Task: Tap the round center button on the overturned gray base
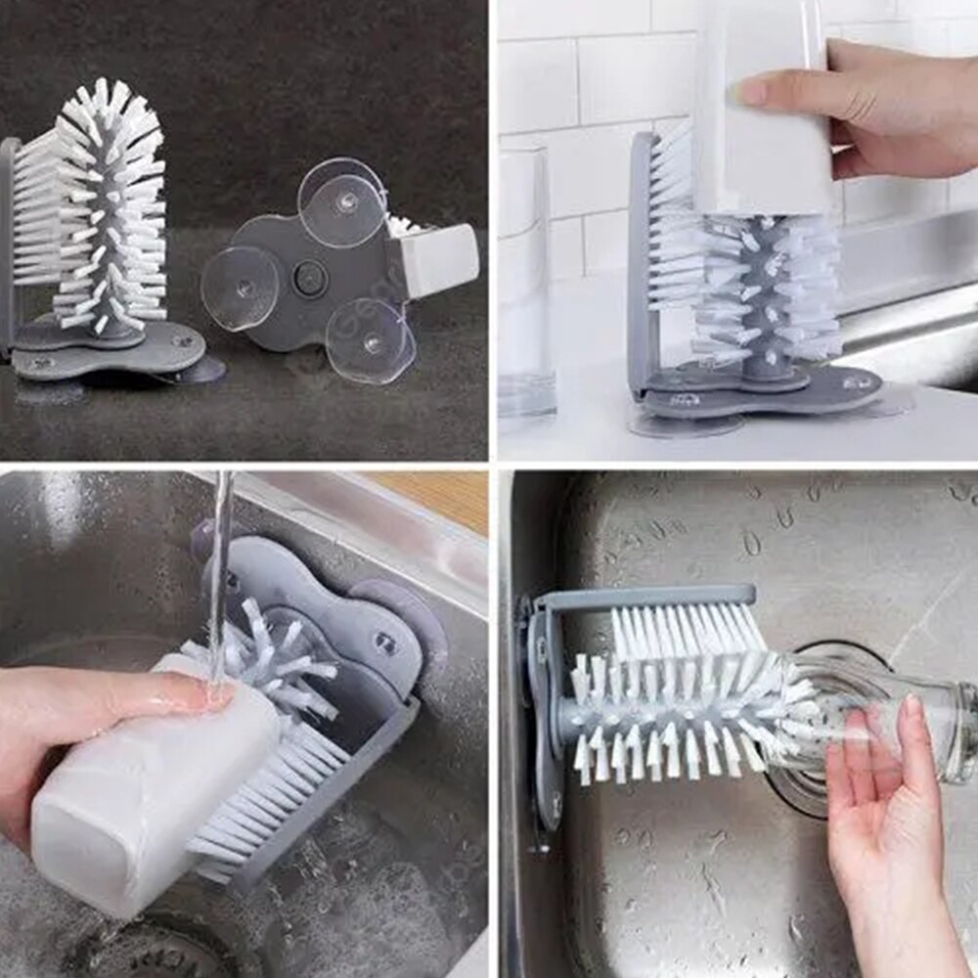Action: (310, 278)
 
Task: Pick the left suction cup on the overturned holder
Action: (240, 287)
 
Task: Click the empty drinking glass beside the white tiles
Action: (526, 284)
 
